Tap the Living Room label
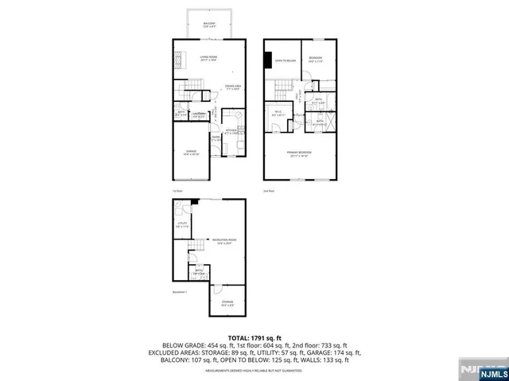pos(209,58)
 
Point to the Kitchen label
pos(231,131)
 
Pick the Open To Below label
pos(286,60)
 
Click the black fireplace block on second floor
pos(268,60)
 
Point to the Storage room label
pos(228,301)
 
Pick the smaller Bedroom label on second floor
pos(316,58)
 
